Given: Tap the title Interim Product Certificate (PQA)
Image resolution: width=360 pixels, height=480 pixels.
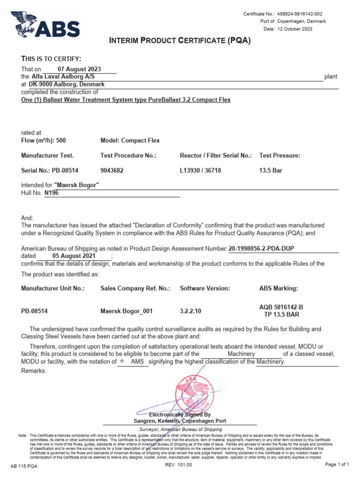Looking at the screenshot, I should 180,41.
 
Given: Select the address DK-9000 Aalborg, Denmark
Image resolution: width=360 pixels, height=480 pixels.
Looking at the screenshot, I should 67,84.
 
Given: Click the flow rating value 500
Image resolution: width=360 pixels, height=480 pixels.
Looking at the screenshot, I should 61,141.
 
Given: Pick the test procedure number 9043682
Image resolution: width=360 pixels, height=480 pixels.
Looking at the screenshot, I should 112,171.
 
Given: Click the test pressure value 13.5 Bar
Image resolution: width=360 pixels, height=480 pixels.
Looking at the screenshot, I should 271,171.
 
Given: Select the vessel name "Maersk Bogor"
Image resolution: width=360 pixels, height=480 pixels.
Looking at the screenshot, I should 76,185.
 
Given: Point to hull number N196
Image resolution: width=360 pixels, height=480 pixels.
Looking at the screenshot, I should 52,193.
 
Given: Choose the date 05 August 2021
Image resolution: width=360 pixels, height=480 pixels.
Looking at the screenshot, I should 74,256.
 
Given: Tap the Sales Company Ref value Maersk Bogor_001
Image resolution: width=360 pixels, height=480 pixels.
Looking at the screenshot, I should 127,311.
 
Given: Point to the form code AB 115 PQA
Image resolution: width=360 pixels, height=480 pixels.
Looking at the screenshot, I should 24,466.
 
